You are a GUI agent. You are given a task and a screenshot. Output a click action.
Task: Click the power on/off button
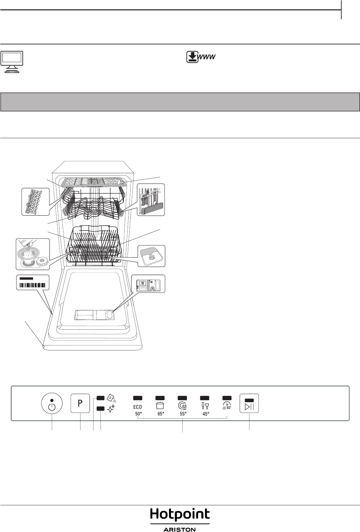tap(52, 403)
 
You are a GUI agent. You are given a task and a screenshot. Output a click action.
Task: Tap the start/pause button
tap(249, 403)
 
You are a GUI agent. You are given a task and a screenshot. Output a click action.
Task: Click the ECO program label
tap(138, 407)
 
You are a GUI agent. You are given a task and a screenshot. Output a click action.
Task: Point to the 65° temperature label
tap(161, 414)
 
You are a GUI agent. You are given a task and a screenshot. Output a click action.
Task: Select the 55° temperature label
tap(183, 414)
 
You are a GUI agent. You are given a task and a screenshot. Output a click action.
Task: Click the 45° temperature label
tap(206, 414)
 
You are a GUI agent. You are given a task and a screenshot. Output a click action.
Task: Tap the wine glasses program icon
tap(205, 406)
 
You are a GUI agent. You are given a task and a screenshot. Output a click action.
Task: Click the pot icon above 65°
tap(160, 406)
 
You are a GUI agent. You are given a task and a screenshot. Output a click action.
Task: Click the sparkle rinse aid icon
tap(111, 409)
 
